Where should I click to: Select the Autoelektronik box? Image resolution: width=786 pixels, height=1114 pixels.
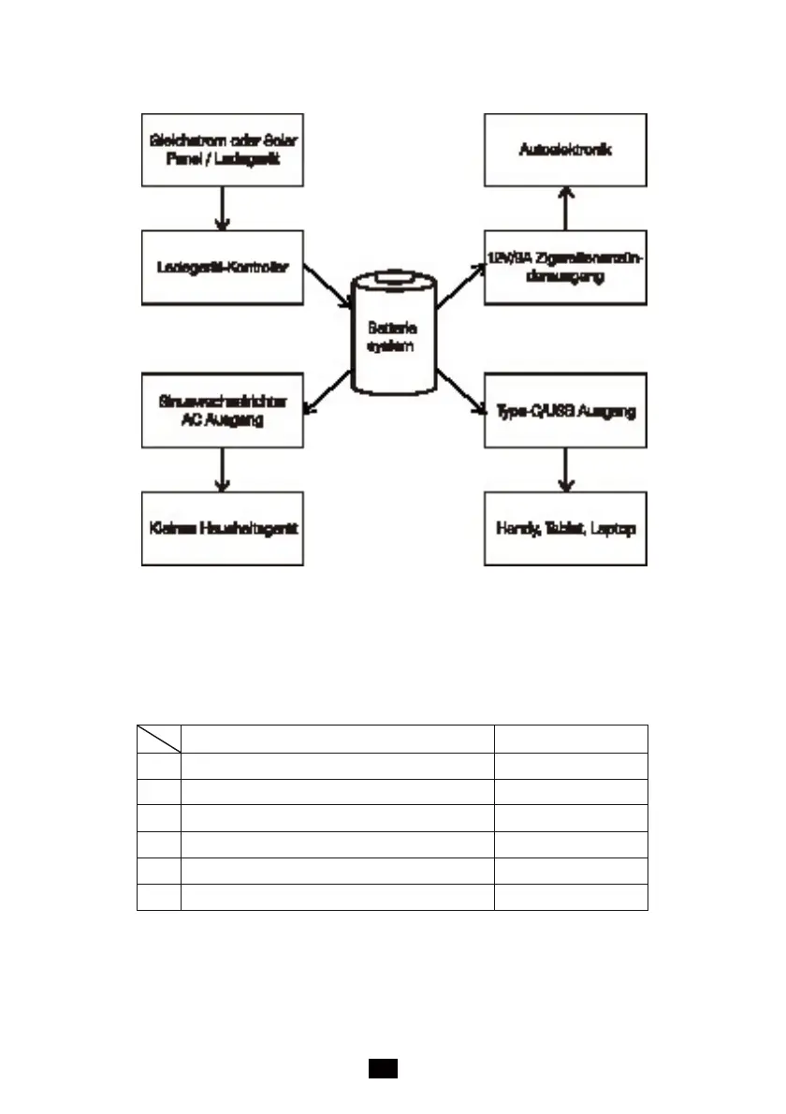pyautogui.click(x=565, y=150)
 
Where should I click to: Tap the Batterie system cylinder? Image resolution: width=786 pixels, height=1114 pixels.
pyautogui.click(x=393, y=337)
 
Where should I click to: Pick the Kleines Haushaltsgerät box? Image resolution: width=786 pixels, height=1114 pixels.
pyautogui.click(x=222, y=529)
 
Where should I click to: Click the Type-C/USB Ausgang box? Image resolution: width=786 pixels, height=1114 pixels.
pyautogui.click(x=565, y=411)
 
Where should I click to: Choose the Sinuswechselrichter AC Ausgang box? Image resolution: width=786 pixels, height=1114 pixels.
pyautogui.click(x=222, y=411)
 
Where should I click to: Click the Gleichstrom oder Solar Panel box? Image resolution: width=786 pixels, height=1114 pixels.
pyautogui.click(x=222, y=150)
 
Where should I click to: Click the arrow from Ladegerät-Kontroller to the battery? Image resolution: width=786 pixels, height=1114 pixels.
pyautogui.click(x=327, y=288)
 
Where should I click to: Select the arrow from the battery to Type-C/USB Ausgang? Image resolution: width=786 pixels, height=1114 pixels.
pyautogui.click(x=459, y=392)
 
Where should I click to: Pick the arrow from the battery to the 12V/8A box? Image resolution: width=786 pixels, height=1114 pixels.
pyautogui.click(x=459, y=286)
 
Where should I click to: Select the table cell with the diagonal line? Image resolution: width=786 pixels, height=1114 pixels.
pyautogui.click(x=158, y=739)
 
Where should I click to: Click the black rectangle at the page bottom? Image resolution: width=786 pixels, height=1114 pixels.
pyautogui.click(x=383, y=1068)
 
